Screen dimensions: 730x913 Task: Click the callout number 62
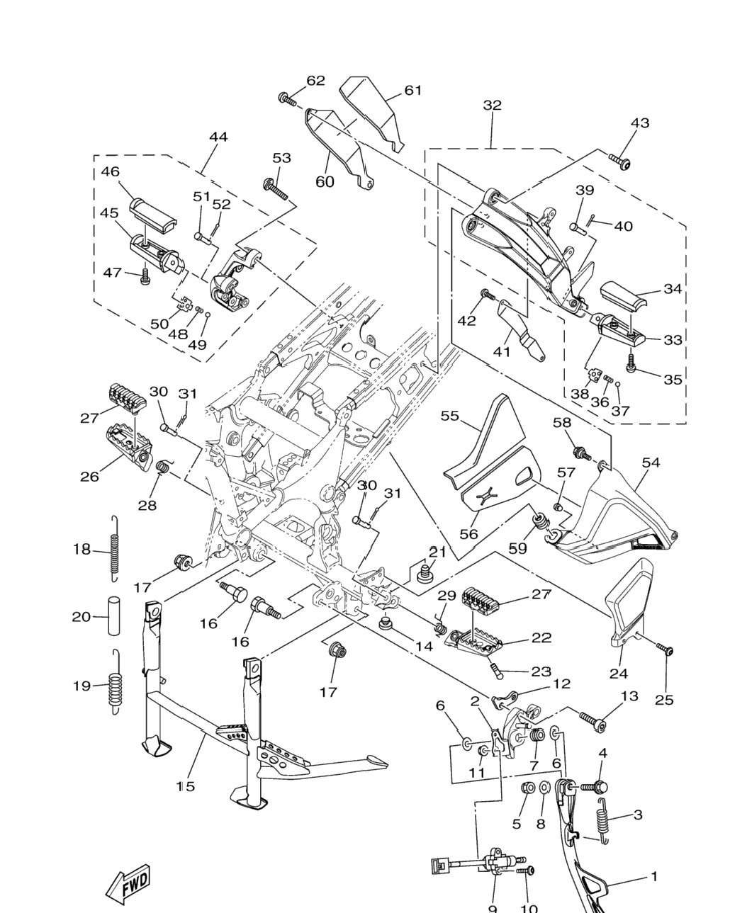[315, 81]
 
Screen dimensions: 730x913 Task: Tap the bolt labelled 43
[619, 161]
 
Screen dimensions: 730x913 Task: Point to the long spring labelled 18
[115, 548]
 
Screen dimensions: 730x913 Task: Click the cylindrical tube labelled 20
[114, 616]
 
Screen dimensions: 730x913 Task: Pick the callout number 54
[651, 462]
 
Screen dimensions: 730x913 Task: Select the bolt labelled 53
[275, 189]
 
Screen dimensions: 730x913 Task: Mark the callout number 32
[492, 105]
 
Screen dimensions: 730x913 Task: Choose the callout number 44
[218, 137]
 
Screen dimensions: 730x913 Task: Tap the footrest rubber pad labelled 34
[623, 295]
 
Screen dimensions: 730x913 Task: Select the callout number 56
[469, 534]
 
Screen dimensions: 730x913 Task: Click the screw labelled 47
[145, 276]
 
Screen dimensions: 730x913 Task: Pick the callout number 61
[412, 90]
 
